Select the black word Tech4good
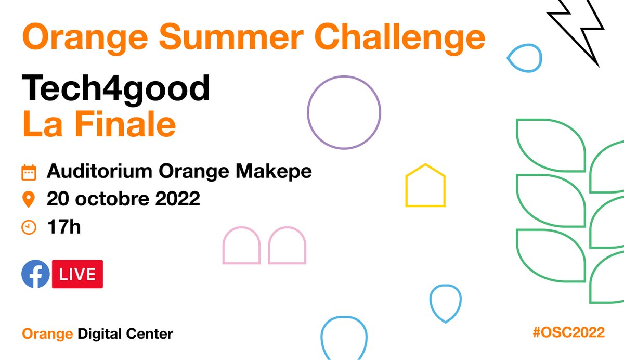click(116, 89)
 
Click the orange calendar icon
click(29, 172)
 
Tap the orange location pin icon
click(29, 199)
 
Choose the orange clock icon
click(29, 227)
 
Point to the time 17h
click(63, 227)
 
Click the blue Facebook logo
click(35, 274)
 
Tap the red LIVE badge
click(77, 274)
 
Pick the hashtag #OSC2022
click(568, 333)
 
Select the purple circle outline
click(344, 112)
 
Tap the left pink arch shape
click(241, 246)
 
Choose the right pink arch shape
click(287, 246)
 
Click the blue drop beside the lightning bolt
click(524, 57)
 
